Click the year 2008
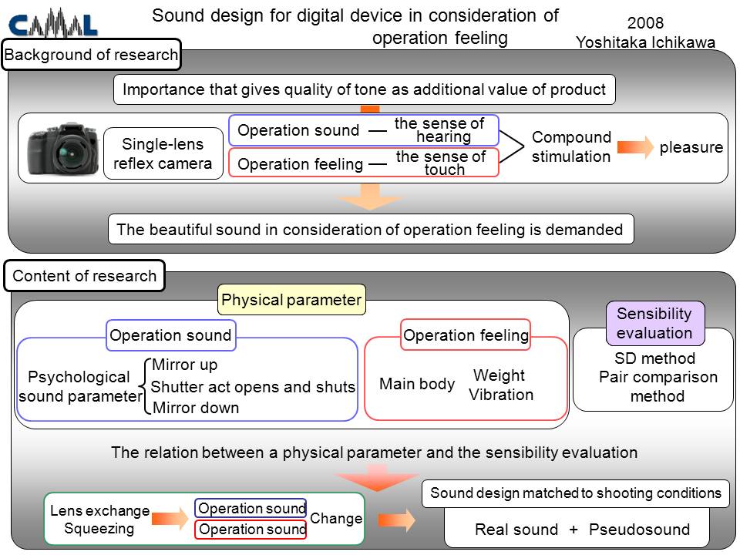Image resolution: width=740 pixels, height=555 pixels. (645, 22)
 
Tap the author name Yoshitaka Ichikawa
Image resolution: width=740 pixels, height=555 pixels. (645, 42)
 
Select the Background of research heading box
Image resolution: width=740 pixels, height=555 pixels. (92, 55)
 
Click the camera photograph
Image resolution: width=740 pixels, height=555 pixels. (63, 149)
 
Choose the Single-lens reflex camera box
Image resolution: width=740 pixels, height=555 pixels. (163, 153)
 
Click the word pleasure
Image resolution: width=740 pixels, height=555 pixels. (691, 147)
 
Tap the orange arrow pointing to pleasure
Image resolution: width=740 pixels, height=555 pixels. (635, 146)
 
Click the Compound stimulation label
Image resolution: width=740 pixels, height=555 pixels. (571, 146)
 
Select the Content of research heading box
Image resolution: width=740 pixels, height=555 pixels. (85, 276)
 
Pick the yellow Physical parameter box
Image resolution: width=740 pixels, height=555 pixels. (291, 300)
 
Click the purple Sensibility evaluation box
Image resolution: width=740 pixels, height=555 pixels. (654, 323)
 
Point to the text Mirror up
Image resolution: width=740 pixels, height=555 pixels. (184, 365)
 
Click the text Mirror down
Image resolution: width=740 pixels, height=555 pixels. (196, 407)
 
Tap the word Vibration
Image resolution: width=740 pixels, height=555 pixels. (501, 395)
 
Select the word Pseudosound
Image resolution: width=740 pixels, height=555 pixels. (640, 530)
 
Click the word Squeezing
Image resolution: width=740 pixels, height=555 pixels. (99, 529)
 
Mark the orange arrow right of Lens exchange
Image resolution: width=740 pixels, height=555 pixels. (170, 519)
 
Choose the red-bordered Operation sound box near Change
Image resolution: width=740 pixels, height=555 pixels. (251, 530)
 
